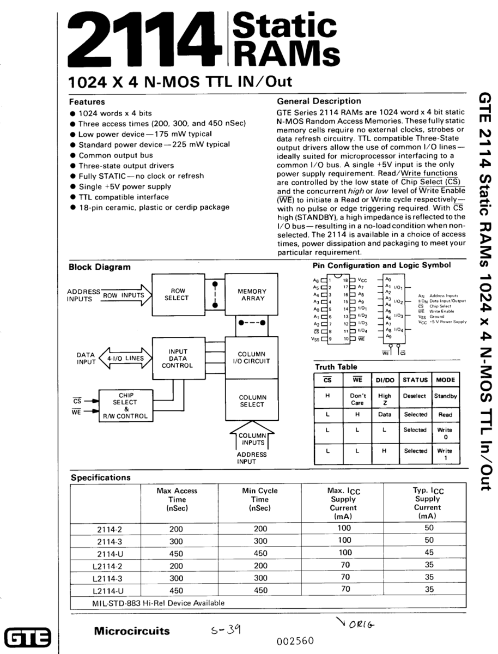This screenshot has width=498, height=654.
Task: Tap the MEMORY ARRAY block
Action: [x=252, y=294]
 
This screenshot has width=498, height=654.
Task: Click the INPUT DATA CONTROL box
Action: [x=178, y=359]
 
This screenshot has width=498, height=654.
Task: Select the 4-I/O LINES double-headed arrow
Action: [x=126, y=358]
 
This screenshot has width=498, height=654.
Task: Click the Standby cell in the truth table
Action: [x=445, y=396]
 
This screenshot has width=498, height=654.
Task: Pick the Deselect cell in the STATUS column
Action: [x=415, y=396]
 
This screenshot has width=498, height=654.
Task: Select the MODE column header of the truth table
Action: [x=445, y=379]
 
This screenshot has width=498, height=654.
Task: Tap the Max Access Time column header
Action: [x=177, y=499]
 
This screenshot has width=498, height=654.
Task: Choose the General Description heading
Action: [x=319, y=101]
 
